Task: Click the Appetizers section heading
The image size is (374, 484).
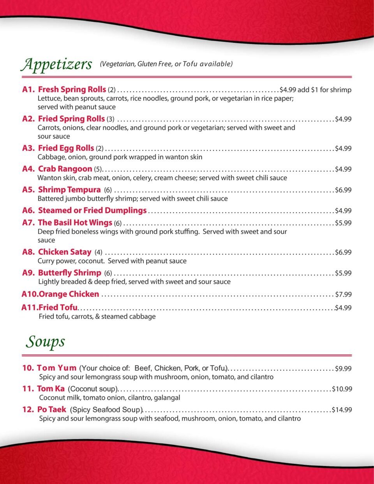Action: point(56,64)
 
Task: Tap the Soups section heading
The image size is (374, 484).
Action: point(45,342)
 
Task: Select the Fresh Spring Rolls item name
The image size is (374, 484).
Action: point(72,90)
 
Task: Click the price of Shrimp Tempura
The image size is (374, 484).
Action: point(343,190)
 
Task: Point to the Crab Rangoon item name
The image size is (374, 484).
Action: point(65,169)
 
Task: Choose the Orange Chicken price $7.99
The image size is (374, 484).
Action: point(343,294)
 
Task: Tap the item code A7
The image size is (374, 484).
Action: point(28,223)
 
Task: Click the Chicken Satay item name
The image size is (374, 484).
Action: point(65,252)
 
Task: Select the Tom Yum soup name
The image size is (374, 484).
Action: point(56,368)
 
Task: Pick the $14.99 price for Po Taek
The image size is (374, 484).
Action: point(342,410)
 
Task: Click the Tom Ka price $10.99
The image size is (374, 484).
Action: point(342,389)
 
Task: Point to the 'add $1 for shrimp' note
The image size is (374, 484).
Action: point(325,90)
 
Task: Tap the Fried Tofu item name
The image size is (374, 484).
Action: point(58,308)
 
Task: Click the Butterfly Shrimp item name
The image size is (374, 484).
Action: point(69,273)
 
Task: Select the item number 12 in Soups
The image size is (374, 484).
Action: point(28,410)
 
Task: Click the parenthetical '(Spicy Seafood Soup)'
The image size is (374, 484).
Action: point(106,410)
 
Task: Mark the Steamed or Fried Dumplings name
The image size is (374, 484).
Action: point(92,211)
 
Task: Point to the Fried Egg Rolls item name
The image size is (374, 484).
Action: point(66,148)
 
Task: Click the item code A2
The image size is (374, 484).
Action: point(28,119)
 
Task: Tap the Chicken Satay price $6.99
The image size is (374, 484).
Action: point(343,252)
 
